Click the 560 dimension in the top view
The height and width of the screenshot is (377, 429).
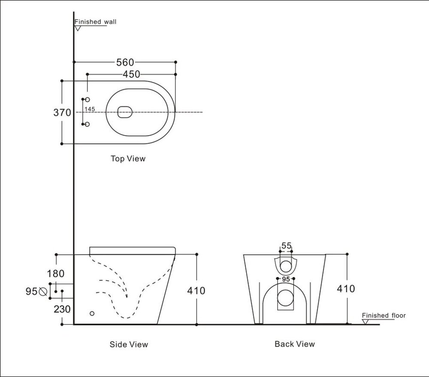coord(125,63)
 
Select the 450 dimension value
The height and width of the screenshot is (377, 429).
coord(131,74)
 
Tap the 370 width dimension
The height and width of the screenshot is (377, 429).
coord(62,113)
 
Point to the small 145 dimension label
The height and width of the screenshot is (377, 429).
coord(90,109)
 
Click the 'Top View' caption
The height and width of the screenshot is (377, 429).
coord(128,159)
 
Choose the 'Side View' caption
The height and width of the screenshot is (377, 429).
coord(129,344)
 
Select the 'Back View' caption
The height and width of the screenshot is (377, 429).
coord(295,344)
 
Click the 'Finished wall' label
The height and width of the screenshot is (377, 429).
coord(95,22)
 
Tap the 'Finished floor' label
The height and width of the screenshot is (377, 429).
coord(384,316)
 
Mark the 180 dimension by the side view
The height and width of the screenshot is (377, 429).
coord(56,274)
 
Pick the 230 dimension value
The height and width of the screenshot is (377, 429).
coord(62,309)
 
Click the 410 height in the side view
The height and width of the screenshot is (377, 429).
coord(196,291)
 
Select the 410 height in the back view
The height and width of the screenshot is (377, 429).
coord(346,289)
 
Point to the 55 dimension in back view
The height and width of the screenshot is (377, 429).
coord(286,246)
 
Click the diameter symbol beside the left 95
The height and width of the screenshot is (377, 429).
coord(43,292)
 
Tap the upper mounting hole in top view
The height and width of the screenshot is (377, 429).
coord(88,100)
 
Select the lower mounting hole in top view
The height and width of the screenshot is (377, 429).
coord(88,125)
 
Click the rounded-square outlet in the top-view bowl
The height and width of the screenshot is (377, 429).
coord(124,112)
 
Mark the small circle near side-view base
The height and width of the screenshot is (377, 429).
coord(92,313)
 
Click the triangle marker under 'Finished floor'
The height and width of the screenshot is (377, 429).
coord(366,321)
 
